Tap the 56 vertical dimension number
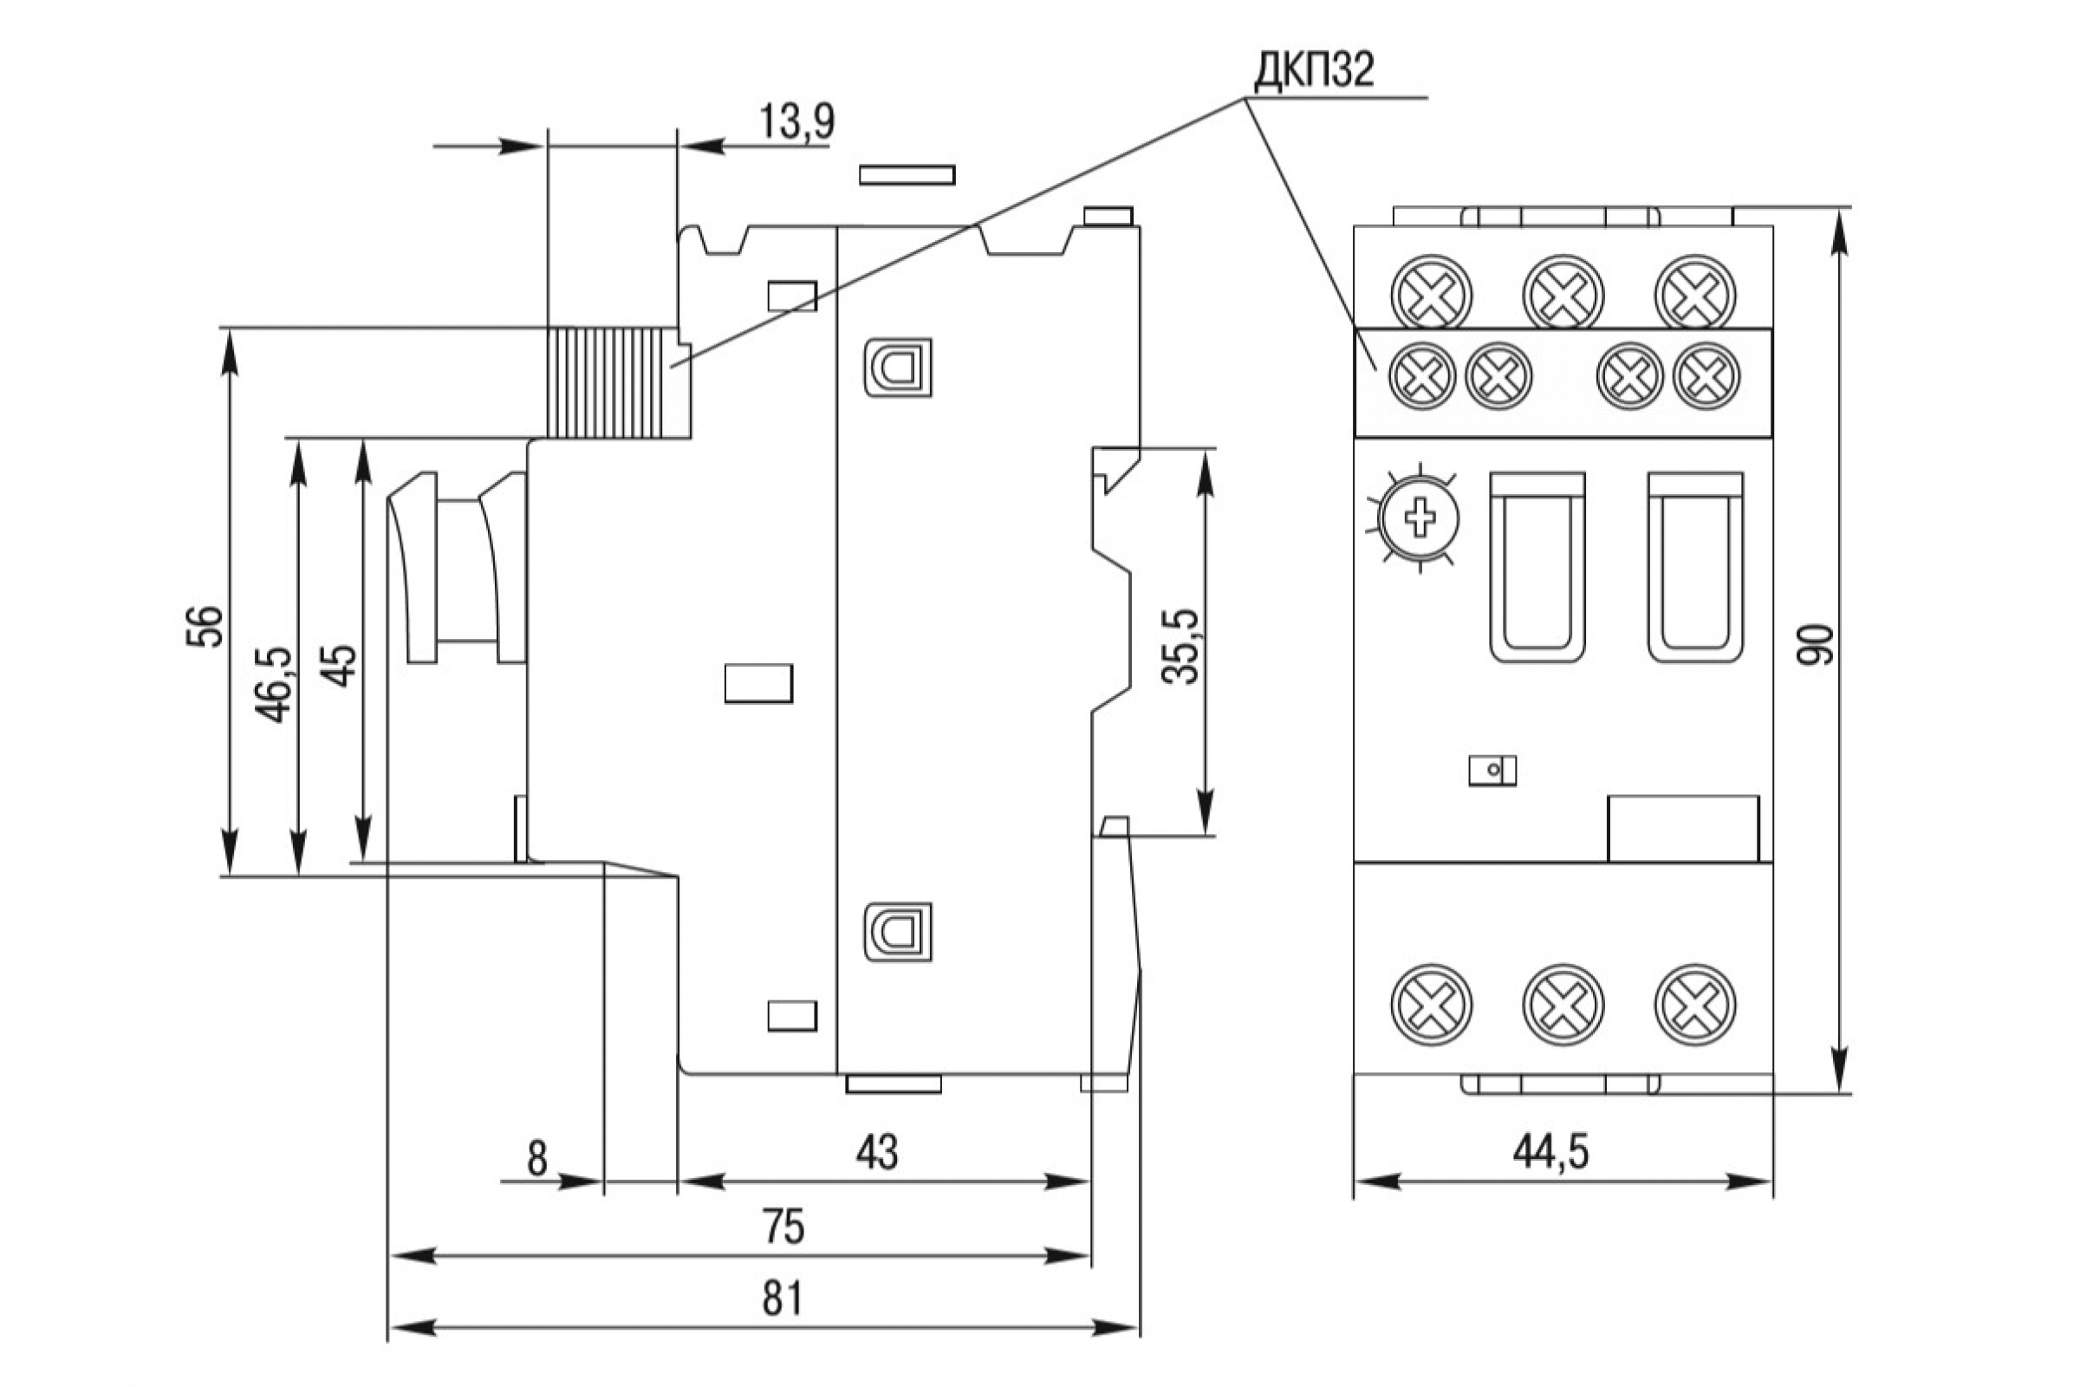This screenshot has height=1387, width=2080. coord(205,626)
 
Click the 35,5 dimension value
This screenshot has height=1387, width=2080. coord(1180,646)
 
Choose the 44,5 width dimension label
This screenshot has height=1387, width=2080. coord(1551,1151)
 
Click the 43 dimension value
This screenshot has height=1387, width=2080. coord(877,1153)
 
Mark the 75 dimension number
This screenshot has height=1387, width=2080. coord(783,1227)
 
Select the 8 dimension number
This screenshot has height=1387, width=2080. coord(536,1159)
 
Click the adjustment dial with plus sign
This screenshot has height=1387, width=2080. coord(1420,518)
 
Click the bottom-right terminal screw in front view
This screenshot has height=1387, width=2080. coord(1695,1004)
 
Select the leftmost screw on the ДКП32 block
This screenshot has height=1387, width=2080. coord(1422,376)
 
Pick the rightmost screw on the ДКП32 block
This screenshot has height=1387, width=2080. coord(1706,376)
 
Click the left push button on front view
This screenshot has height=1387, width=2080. coord(1537,567)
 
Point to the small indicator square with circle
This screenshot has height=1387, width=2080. coord(1492,770)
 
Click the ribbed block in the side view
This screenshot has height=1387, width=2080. coord(618,383)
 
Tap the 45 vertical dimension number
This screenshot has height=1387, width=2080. coord(341,665)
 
